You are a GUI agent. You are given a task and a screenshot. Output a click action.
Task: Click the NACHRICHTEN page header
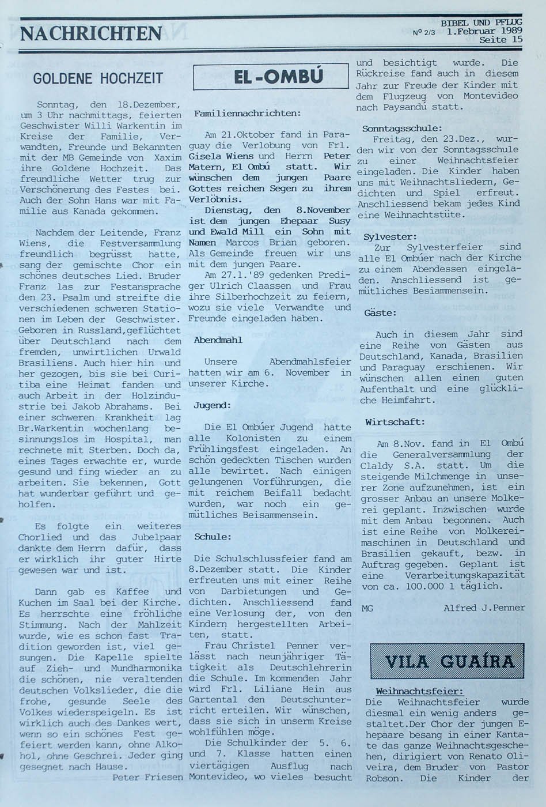point(91,33)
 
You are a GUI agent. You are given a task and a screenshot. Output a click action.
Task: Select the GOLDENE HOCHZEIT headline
point(98,78)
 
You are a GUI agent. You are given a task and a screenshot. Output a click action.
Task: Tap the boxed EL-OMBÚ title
point(271,76)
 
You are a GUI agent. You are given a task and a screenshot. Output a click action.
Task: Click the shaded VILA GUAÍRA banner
point(446,661)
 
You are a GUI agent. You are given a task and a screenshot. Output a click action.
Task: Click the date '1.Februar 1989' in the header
point(484,31)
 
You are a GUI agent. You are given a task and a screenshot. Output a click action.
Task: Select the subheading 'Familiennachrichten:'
point(247,114)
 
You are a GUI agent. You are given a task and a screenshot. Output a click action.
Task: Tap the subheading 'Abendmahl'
point(218,340)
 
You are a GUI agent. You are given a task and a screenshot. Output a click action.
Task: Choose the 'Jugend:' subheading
point(212,405)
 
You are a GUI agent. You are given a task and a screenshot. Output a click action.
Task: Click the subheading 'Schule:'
point(212,537)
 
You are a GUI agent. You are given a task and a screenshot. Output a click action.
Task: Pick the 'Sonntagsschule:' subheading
point(402,129)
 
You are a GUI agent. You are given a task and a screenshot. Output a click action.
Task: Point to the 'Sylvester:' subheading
point(390,236)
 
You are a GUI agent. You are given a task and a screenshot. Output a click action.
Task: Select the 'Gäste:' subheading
point(380,313)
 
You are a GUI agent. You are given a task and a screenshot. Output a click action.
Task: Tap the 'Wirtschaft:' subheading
point(395,422)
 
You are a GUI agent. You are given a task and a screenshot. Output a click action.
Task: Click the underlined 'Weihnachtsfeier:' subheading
point(419,691)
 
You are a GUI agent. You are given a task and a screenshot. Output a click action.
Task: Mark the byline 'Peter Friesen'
point(147,777)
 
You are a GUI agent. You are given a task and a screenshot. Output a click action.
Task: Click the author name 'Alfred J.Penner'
point(484,608)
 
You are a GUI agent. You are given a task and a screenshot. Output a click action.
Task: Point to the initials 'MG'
point(367,608)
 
